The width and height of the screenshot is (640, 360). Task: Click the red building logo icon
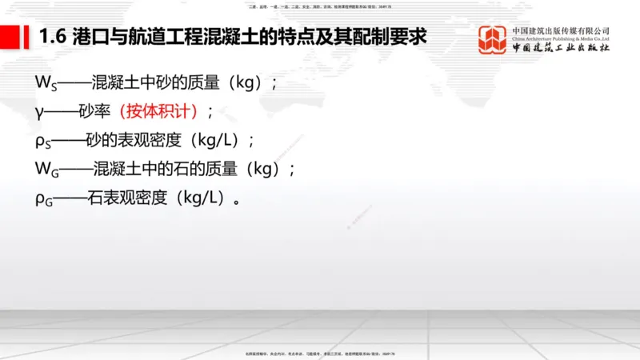click(492, 39)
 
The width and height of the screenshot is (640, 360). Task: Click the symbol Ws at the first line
click(43, 82)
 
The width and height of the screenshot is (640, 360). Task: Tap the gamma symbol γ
click(39, 111)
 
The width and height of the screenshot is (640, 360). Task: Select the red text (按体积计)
click(158, 111)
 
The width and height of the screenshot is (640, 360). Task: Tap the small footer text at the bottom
click(320, 354)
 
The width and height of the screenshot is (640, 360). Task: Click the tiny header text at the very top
click(320, 5)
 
